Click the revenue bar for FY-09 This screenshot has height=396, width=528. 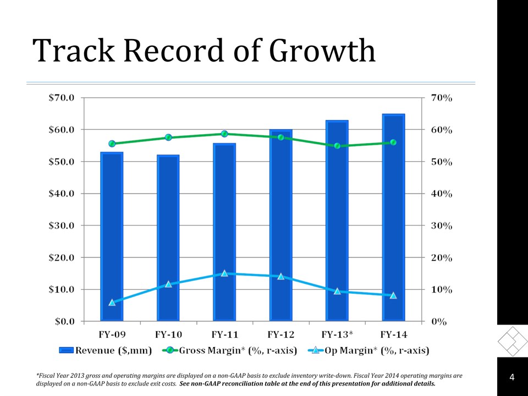coord(112,237)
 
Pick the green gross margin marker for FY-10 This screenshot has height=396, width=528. coord(168,137)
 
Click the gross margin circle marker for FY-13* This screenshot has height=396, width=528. coord(337,146)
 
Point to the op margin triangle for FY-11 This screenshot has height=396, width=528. coord(224,273)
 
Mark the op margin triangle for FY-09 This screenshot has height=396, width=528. coord(112,302)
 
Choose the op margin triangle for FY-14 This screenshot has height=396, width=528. coord(393,295)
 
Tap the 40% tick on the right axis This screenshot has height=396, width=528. coord(441,194)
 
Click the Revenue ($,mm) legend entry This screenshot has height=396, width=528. coord(105,350)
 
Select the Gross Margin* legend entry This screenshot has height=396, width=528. coord(231,350)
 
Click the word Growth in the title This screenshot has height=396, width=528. coord(322,51)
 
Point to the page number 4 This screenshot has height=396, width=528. coord(512,377)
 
